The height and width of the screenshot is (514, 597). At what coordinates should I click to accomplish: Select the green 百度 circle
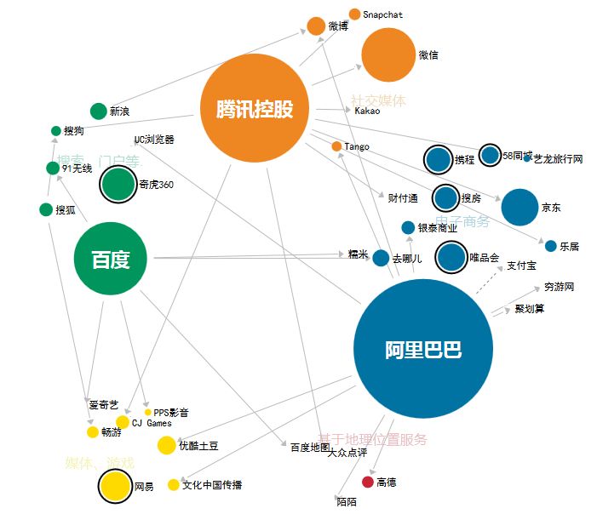(110, 259)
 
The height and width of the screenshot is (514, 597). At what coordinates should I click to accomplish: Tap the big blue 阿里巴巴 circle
(423, 349)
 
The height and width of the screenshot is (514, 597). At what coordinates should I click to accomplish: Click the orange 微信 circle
(387, 55)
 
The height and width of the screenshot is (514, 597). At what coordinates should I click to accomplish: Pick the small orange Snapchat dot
(355, 14)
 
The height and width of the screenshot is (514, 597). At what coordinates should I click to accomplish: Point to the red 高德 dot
(368, 483)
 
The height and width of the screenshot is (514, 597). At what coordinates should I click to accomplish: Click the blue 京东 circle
(520, 207)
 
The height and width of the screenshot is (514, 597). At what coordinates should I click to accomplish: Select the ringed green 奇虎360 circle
(118, 185)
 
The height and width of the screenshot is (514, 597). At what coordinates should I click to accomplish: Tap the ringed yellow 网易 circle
(114, 487)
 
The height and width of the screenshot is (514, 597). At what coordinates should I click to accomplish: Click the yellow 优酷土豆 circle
(167, 445)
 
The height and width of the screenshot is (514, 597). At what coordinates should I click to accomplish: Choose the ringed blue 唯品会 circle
(451, 257)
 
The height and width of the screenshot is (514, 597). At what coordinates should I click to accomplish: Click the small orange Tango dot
(337, 147)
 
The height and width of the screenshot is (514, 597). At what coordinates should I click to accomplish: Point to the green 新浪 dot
(98, 111)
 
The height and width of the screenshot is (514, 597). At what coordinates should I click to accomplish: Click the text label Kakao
(367, 111)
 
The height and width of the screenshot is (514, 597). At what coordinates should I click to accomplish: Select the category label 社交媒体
(378, 101)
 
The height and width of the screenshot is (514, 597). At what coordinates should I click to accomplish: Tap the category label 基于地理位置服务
(372, 440)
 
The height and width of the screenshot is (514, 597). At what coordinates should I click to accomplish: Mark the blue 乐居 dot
(550, 246)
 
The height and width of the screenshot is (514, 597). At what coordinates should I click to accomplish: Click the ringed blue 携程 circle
(438, 159)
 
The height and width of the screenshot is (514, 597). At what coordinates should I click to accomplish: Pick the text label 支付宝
(521, 266)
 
